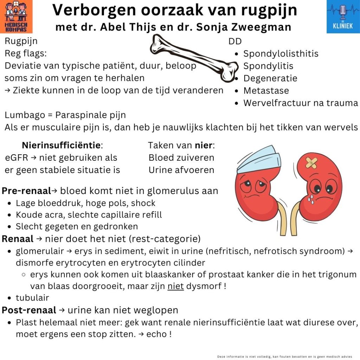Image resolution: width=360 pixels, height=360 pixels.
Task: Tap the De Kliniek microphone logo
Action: coord(343,17)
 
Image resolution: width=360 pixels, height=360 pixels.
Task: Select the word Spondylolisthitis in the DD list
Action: coord(281,54)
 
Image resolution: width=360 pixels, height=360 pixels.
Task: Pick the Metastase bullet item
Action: coord(266,91)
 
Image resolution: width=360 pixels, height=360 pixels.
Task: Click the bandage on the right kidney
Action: coord(311,162)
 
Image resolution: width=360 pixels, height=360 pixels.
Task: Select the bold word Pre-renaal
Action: coord(26,191)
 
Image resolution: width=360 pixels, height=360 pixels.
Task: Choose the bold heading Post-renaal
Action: coord(29,310)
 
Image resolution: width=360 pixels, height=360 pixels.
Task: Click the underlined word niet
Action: coord(176,286)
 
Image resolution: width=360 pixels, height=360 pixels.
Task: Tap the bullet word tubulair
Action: coord(32,298)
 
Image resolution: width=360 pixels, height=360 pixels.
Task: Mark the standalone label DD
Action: coord(235,41)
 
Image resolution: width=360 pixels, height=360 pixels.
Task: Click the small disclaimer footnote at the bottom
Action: coord(285,356)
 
